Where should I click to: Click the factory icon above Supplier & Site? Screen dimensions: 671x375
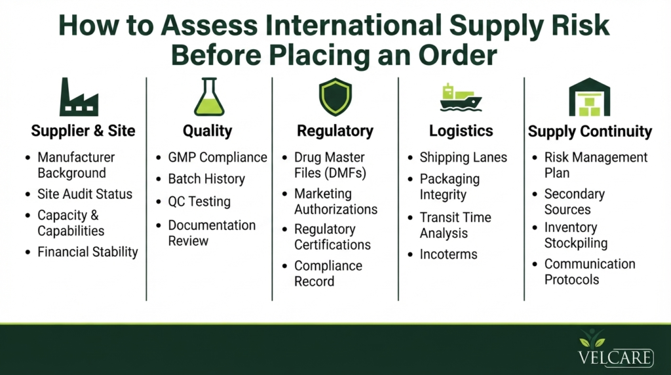[x=79, y=97]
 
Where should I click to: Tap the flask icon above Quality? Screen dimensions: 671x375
[x=209, y=97]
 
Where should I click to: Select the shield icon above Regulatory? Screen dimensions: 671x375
[x=335, y=97]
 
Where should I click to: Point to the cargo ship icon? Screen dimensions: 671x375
[x=461, y=98]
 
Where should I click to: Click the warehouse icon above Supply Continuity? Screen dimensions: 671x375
[x=589, y=97]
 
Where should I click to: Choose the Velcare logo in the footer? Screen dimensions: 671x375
[x=615, y=348]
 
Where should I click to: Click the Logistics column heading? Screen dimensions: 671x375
[x=461, y=131]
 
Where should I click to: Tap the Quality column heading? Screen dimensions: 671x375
[x=208, y=131]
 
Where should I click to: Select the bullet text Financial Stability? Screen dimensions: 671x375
[x=88, y=252]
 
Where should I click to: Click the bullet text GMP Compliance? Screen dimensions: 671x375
[x=218, y=157]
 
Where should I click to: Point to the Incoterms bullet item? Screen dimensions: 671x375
[x=448, y=254]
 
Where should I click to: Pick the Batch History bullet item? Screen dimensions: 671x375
[x=206, y=179]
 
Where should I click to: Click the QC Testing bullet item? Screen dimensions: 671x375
[x=199, y=202]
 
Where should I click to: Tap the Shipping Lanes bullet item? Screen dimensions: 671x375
[x=463, y=157]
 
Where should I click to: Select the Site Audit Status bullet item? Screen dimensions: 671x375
[x=85, y=194]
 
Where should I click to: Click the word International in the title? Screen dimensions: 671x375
[x=353, y=26]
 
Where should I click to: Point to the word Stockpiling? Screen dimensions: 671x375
[x=576, y=243]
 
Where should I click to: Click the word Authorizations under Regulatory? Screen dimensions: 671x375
[x=336, y=209]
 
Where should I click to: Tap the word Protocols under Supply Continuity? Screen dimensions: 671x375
[x=571, y=279]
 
